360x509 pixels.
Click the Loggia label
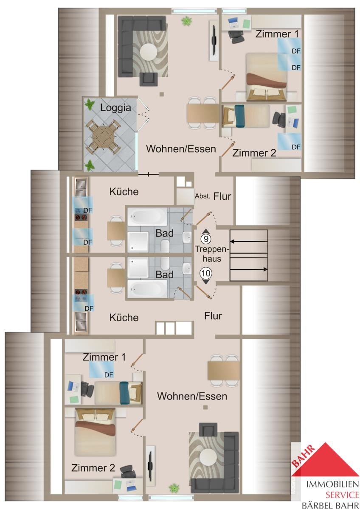115,108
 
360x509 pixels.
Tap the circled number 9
206,239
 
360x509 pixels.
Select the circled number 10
206,273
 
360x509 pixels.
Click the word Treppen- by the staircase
212,249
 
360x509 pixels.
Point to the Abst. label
202,196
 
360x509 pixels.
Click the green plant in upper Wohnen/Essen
187,21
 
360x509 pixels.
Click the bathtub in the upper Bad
147,217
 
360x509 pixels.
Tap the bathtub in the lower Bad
147,289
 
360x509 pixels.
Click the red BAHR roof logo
325,459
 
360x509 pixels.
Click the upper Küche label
124,192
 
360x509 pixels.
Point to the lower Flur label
213,316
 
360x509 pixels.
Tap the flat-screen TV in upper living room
214,40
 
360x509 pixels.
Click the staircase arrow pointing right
249,269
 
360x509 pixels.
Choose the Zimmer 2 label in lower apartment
93,468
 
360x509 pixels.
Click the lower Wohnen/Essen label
192,396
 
